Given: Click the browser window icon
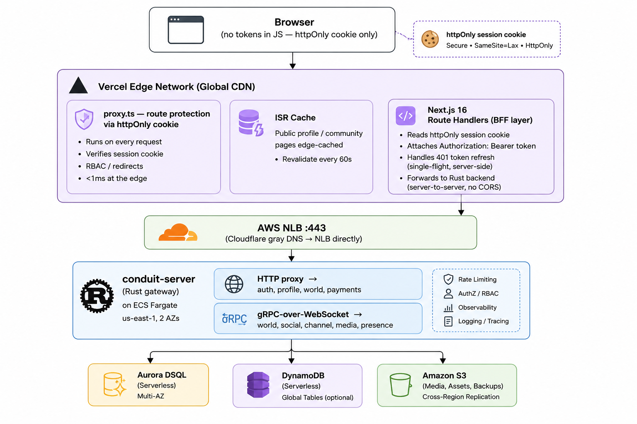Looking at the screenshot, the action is tap(186, 29).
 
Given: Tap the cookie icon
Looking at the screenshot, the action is tap(430, 39).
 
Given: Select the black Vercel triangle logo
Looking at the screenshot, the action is tap(78, 85).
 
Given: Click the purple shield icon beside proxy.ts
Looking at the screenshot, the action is tap(84, 119).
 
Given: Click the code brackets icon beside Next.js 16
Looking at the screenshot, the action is tap(406, 116).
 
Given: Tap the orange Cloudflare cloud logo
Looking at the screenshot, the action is tap(178, 232).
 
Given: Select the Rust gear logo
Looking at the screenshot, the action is tap(97, 296).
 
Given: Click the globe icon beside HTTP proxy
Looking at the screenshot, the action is tap(234, 284).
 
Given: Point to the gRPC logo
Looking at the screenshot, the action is tap(234, 319).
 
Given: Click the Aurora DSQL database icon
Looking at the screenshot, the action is tap(114, 385).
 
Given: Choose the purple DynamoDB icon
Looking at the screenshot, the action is tap(258, 385).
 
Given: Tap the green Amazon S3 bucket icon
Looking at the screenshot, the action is tap(401, 385).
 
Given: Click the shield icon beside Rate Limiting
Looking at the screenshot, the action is tap(448, 279).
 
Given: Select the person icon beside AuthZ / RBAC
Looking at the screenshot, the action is tap(448, 294).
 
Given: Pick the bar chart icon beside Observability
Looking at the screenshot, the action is tap(448, 308).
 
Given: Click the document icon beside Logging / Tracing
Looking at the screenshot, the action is tap(448, 321).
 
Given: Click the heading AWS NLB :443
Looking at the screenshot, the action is tap(292, 228).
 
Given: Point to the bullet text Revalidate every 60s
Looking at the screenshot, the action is tap(317, 159).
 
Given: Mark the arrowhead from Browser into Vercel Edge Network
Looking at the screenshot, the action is tap(293, 66).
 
